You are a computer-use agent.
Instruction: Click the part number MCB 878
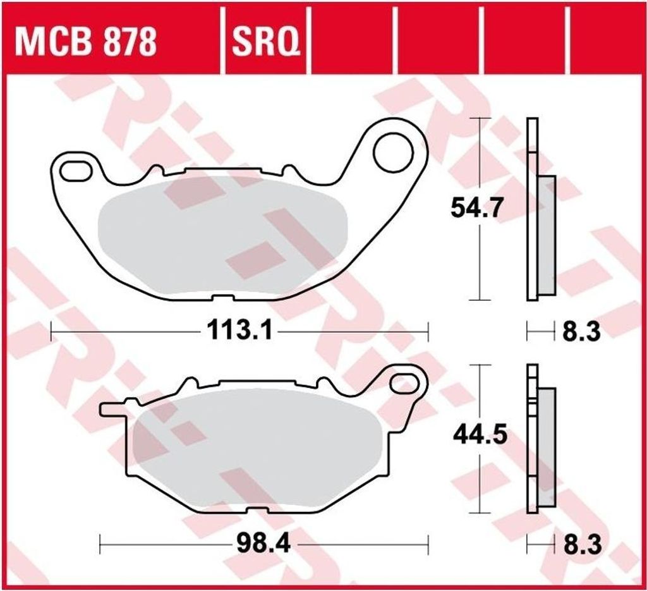[86, 42]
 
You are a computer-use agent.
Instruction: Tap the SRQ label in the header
[266, 42]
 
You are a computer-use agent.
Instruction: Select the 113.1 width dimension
[240, 330]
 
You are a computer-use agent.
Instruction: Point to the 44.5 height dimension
[480, 435]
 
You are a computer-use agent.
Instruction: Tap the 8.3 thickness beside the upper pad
[581, 331]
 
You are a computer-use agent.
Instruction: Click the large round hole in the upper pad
[393, 152]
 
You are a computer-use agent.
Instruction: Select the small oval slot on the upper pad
[76, 171]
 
